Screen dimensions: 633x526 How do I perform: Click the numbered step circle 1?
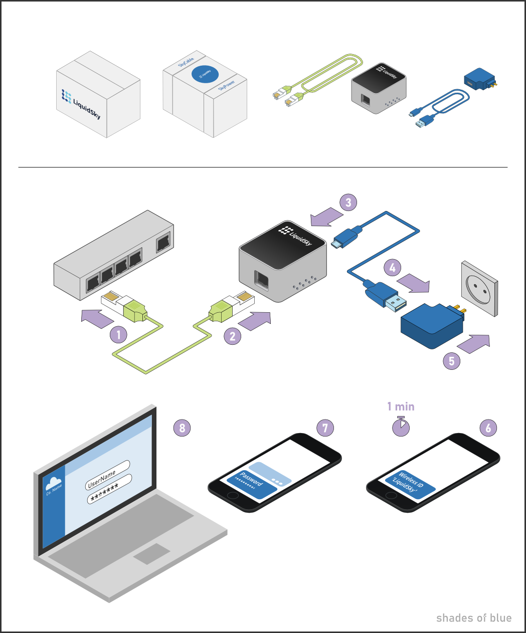[x=118, y=334]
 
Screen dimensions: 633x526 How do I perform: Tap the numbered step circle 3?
[x=348, y=202]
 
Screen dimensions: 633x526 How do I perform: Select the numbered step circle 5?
[x=452, y=361]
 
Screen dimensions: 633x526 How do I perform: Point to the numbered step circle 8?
[x=182, y=428]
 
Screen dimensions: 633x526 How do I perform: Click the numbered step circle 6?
[x=488, y=428]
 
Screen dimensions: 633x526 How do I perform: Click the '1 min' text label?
[x=401, y=406]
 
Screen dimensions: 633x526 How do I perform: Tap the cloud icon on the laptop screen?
[x=53, y=483]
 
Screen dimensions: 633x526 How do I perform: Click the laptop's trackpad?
[x=151, y=554]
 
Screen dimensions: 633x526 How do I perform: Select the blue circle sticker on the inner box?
[x=205, y=75]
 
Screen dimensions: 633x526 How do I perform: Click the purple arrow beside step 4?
[x=416, y=283]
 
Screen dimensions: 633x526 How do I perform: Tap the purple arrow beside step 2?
[x=255, y=320]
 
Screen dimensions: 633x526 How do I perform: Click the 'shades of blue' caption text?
[x=473, y=618]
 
